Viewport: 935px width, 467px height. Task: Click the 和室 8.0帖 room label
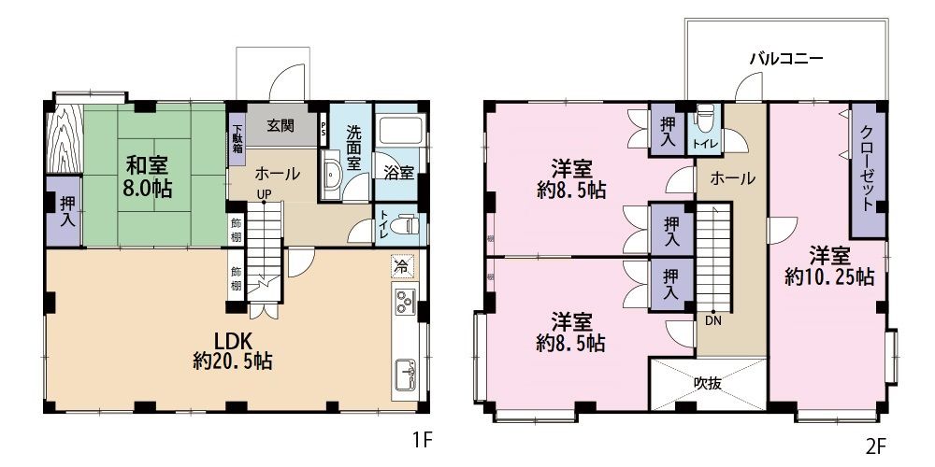(x=148, y=176)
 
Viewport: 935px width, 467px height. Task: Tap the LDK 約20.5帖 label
(x=233, y=350)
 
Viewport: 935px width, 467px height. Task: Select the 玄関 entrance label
(x=280, y=126)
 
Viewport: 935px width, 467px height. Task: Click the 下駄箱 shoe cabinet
(x=237, y=140)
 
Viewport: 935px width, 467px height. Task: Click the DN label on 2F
(x=713, y=319)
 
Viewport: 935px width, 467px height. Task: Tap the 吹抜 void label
(x=708, y=383)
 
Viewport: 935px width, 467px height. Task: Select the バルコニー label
(x=786, y=58)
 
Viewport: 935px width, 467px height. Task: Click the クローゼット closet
(x=867, y=170)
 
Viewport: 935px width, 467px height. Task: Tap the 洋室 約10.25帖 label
(x=829, y=266)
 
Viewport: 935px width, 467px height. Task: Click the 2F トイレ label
(x=706, y=144)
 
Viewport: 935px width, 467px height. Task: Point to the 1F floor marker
(x=422, y=441)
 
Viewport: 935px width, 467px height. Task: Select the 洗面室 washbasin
(x=331, y=174)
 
